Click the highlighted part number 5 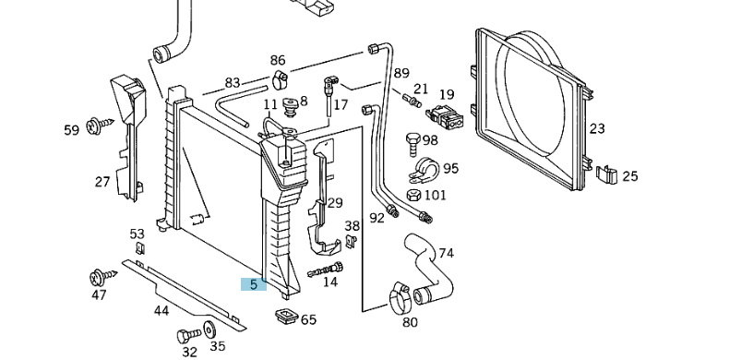(254, 284)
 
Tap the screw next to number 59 (100, 125)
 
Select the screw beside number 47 (102, 277)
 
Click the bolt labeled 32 (188, 335)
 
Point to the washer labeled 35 (209, 330)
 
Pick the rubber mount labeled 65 (286, 317)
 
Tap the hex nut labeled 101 (413, 195)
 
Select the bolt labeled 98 (413, 145)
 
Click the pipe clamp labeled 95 (424, 171)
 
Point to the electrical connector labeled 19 (444, 117)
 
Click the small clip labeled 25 (606, 174)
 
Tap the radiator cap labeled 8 (290, 107)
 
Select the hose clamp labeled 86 (280, 79)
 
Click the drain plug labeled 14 (326, 270)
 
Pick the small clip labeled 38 (352, 241)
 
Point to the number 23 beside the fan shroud (597, 128)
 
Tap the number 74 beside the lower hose (446, 254)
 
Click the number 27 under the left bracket (102, 182)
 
